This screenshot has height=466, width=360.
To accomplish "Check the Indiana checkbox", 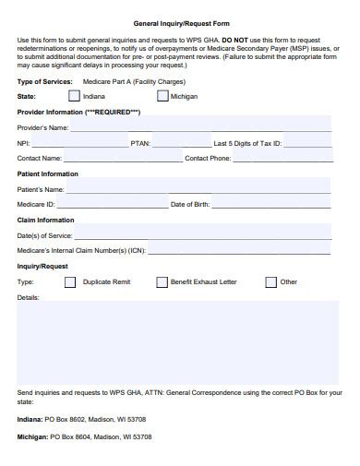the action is click(x=75, y=95).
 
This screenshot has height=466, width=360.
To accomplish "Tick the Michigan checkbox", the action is click(x=162, y=95).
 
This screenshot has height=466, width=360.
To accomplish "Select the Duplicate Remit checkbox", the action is click(x=70, y=282).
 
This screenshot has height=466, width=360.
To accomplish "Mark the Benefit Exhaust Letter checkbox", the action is click(x=162, y=282).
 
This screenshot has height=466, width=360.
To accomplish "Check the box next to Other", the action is click(x=270, y=282).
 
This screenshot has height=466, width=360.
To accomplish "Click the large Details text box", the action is click(x=176, y=341).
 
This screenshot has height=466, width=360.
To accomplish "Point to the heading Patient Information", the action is click(x=48, y=173).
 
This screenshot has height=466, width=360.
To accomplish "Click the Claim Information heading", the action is click(x=46, y=220).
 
